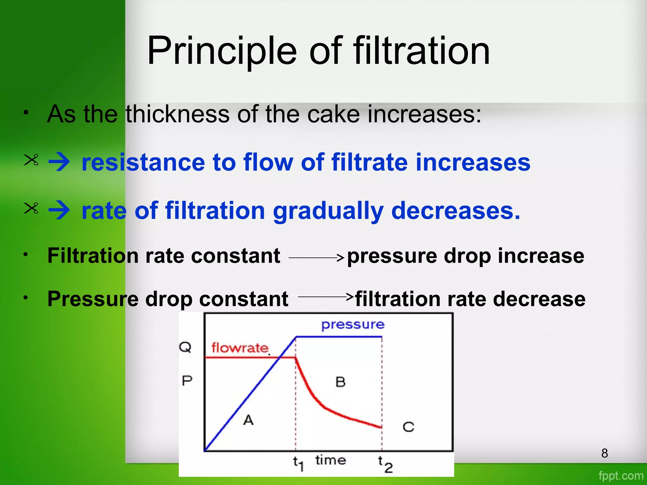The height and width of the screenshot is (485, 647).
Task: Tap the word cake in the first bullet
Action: click(333, 114)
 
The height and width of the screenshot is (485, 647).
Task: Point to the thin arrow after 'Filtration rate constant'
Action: click(316, 258)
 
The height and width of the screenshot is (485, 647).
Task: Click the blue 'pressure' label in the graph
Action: click(353, 325)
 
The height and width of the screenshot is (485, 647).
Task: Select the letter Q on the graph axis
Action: click(185, 347)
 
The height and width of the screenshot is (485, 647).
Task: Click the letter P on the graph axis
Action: click(187, 380)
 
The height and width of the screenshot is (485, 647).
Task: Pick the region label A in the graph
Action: click(248, 420)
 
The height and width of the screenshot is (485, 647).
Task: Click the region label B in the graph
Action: click(340, 382)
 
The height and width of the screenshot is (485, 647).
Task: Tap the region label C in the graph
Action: click(408, 427)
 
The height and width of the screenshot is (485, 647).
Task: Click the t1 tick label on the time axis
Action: click(298, 464)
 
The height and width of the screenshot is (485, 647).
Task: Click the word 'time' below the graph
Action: click(330, 460)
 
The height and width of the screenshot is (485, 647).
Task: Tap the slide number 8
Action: click(604, 453)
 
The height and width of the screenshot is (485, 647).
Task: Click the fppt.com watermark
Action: click(621, 476)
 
